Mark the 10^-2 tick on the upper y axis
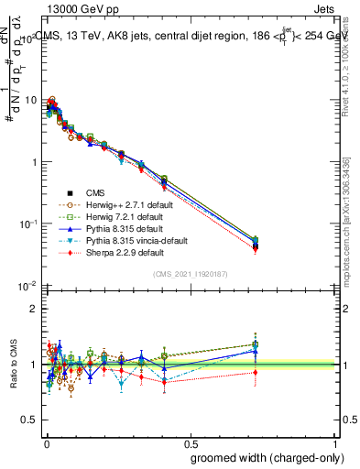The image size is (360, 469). (x=27, y=286)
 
